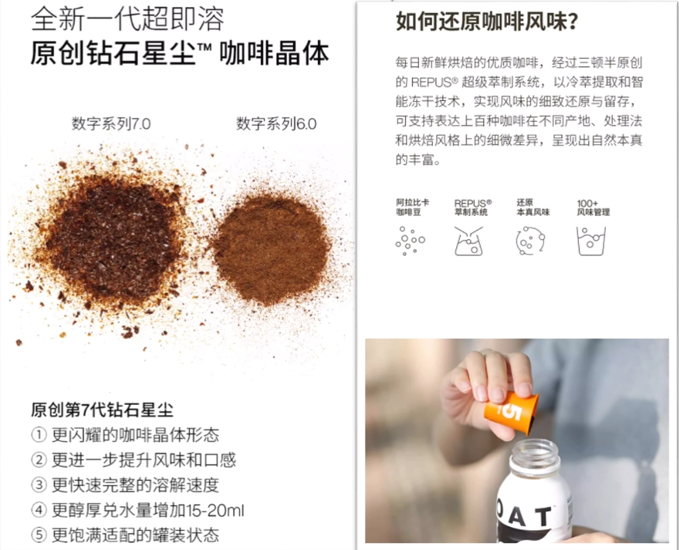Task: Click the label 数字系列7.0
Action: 111,124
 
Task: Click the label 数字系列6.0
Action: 276,124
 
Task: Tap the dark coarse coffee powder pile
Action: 110,242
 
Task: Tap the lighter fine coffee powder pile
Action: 272,249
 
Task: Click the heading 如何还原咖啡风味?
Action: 487,22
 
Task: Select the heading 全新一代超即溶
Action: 128,19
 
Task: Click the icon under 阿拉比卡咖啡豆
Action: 410,241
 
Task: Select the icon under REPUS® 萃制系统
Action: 468,241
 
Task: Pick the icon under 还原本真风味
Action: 530,241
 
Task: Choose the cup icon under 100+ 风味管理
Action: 591,241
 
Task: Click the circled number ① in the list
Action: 39,435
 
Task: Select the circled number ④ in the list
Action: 39,510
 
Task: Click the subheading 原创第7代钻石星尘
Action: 102,410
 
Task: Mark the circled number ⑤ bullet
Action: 39,535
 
